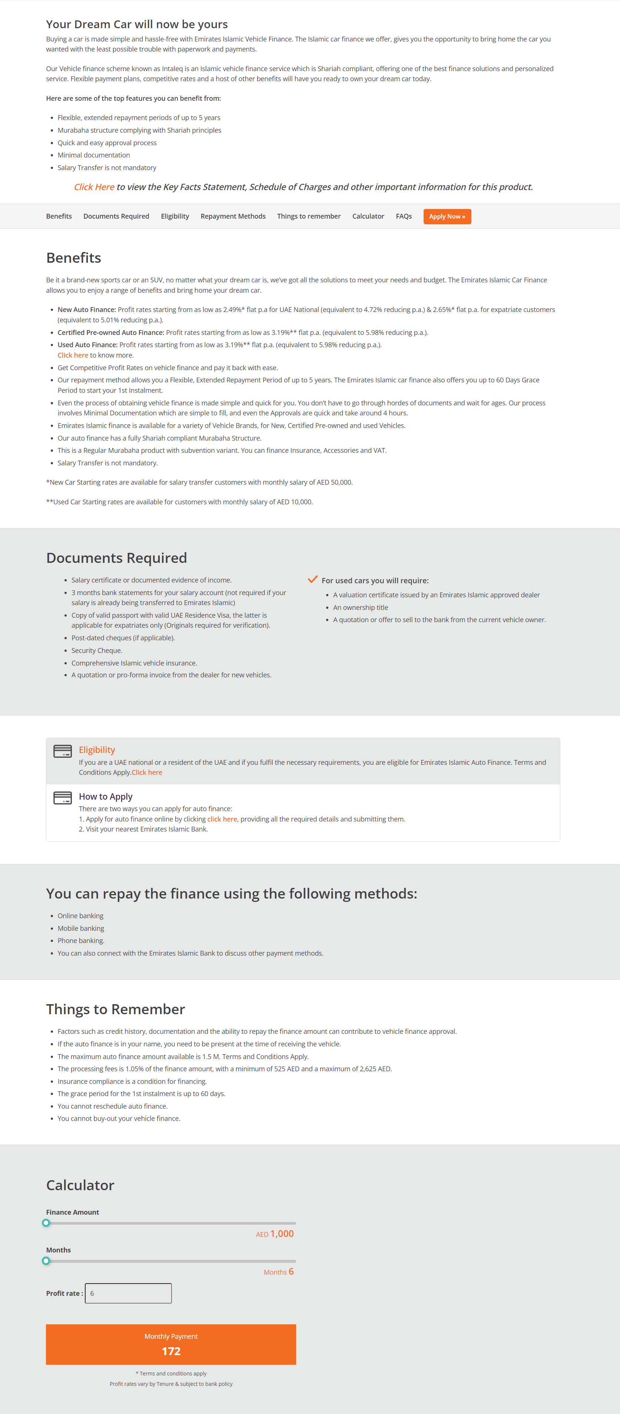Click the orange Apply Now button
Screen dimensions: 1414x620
click(x=447, y=216)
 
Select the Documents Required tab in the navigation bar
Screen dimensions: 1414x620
click(x=116, y=216)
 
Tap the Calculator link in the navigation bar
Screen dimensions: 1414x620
click(x=368, y=216)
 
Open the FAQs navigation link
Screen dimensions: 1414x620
click(x=404, y=216)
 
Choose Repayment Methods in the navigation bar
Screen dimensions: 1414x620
click(x=233, y=216)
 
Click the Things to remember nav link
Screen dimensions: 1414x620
click(x=309, y=216)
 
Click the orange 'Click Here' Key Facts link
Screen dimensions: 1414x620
click(x=94, y=187)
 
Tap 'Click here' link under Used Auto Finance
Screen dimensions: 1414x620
click(x=73, y=355)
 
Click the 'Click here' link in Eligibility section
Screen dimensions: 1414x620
click(x=147, y=772)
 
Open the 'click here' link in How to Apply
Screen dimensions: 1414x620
click(x=222, y=819)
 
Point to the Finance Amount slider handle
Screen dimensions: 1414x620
click(x=46, y=1222)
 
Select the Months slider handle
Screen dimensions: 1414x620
click(x=46, y=1261)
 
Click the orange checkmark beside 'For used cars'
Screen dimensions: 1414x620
click(x=312, y=579)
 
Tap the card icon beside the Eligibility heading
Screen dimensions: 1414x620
click(x=63, y=751)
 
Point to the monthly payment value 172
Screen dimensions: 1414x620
click(x=171, y=1351)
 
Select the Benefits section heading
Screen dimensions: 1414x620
click(x=74, y=258)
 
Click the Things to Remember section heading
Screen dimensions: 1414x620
click(x=115, y=1009)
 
